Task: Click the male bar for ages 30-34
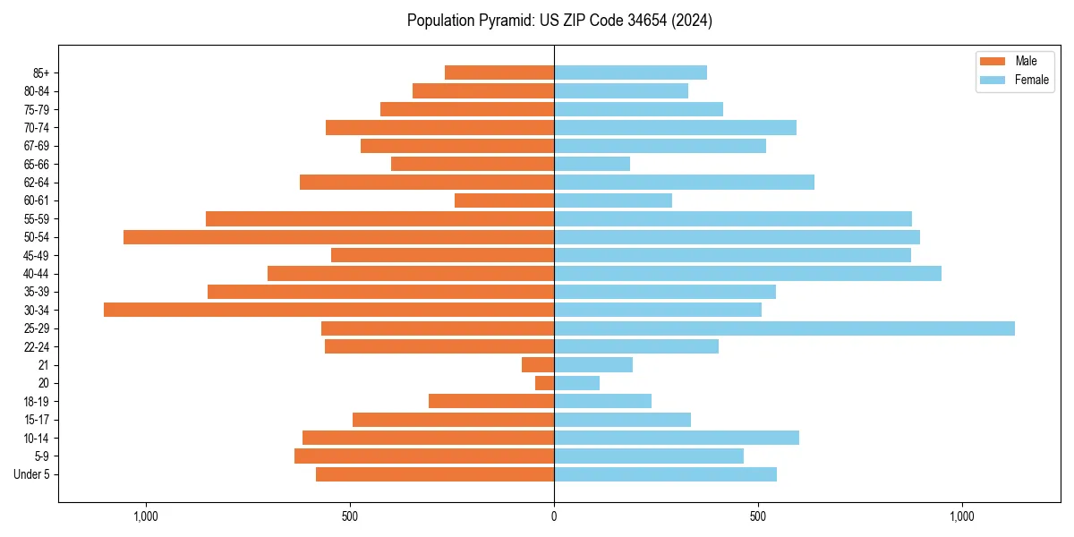pyautogui.click(x=328, y=310)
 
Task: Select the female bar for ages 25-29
pyautogui.click(x=784, y=328)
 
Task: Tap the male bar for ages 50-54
pyautogui.click(x=338, y=237)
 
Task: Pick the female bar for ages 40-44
pyautogui.click(x=747, y=273)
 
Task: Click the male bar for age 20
pyautogui.click(x=544, y=383)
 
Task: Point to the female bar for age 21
pyautogui.click(x=593, y=365)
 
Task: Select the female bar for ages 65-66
pyautogui.click(x=592, y=164)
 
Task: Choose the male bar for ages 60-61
pyautogui.click(x=504, y=200)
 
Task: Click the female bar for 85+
pyautogui.click(x=630, y=72)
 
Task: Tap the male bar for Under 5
pyautogui.click(x=435, y=474)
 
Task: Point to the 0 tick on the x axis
pyautogui.click(x=554, y=516)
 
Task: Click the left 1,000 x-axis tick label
pyautogui.click(x=145, y=516)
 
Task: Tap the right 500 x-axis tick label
pyautogui.click(x=758, y=516)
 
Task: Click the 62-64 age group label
pyautogui.click(x=37, y=183)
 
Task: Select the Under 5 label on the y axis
pyautogui.click(x=32, y=474)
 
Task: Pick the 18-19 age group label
pyautogui.click(x=37, y=402)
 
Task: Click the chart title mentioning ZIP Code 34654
pyautogui.click(x=559, y=21)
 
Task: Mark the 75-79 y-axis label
pyautogui.click(x=37, y=109)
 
